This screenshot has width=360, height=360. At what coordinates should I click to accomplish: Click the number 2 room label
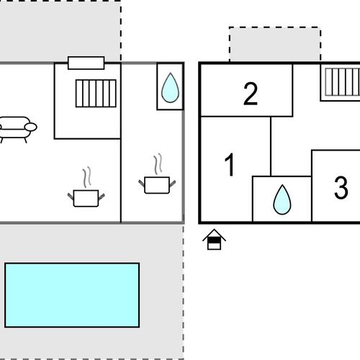[x=251, y=94]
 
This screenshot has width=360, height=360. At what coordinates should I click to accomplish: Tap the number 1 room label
[x=230, y=165]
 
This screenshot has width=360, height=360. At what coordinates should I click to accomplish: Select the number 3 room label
[x=341, y=187]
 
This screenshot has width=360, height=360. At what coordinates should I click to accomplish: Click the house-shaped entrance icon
[x=214, y=239]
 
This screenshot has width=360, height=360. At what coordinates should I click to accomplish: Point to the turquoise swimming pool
[x=72, y=295]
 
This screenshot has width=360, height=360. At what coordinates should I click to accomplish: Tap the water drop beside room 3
[x=282, y=199]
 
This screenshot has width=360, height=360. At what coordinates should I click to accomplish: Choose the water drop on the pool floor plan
[x=170, y=88]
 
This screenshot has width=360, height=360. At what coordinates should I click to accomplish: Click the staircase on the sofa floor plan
[x=96, y=94]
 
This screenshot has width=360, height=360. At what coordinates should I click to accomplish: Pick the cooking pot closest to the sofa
[x=86, y=198]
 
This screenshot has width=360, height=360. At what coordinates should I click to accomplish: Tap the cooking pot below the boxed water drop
[x=157, y=185]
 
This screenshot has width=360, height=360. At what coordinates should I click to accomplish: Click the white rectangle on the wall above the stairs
[x=86, y=63]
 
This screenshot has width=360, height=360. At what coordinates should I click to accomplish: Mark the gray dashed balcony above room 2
[x=275, y=44]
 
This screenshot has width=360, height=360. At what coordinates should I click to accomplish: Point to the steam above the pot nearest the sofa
[x=87, y=177]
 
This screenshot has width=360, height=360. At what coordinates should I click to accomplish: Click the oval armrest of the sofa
[x=31, y=127]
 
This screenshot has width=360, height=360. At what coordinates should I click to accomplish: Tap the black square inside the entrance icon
[x=214, y=240]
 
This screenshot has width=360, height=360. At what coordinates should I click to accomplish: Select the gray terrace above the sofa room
[x=60, y=31]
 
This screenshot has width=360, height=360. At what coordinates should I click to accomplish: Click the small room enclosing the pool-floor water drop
[x=170, y=86]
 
